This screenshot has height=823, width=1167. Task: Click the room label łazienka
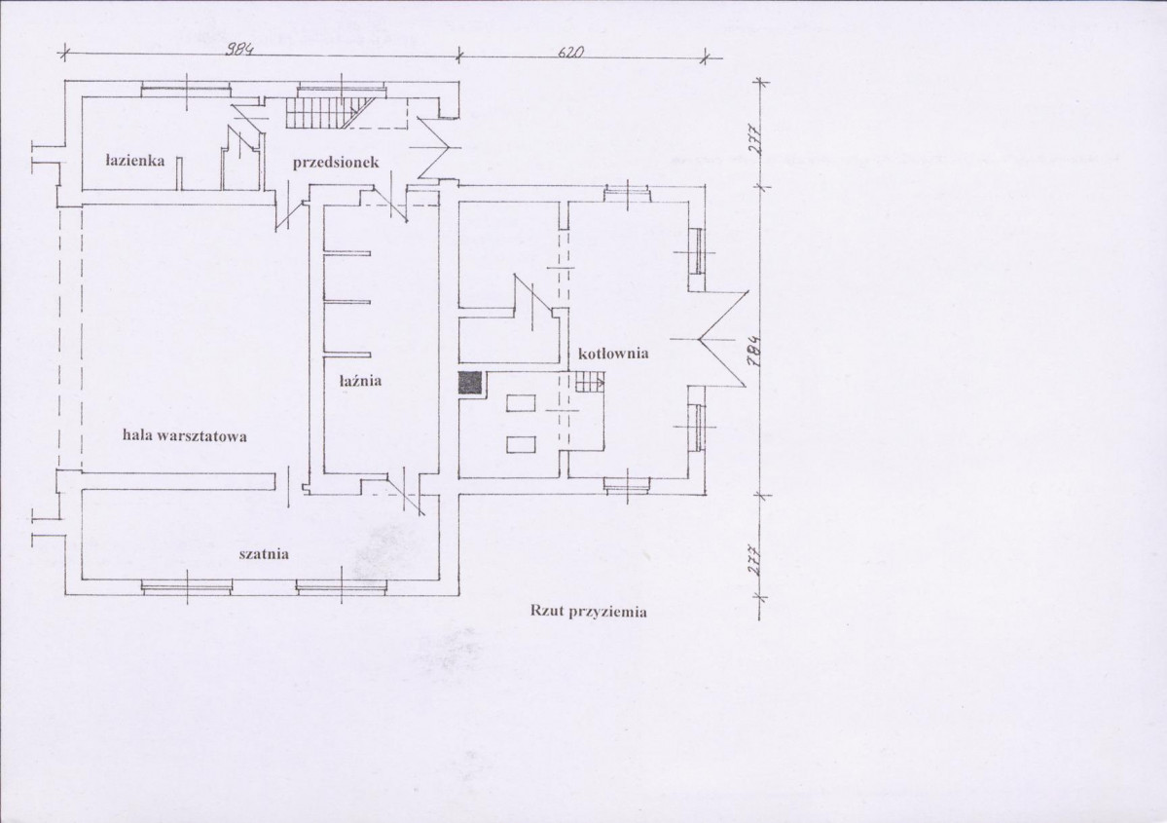tap(134, 160)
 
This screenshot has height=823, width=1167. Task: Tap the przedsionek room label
tap(336, 162)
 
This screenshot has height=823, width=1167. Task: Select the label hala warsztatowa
tap(185, 435)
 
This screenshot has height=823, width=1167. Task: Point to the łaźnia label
tap(361, 380)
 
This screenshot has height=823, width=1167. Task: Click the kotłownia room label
tap(613, 353)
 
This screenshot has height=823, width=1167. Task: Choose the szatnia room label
tap(264, 554)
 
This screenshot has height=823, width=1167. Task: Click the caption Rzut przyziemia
tap(588, 612)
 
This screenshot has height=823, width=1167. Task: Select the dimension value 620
tap(571, 53)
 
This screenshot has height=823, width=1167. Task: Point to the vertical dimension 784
tap(754, 350)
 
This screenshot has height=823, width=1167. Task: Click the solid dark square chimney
tap(470, 383)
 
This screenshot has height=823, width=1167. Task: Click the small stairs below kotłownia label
tap(588, 383)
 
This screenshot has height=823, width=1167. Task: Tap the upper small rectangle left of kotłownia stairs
tap(521, 403)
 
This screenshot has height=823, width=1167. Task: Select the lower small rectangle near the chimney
tap(521, 445)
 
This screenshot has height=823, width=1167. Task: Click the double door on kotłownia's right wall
tap(721, 339)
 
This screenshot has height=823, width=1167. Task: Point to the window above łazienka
tap(186, 90)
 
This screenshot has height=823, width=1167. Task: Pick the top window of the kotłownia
tap(627, 195)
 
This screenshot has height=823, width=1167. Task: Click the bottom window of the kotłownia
tap(627, 485)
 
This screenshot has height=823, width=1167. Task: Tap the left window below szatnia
tap(186, 587)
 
